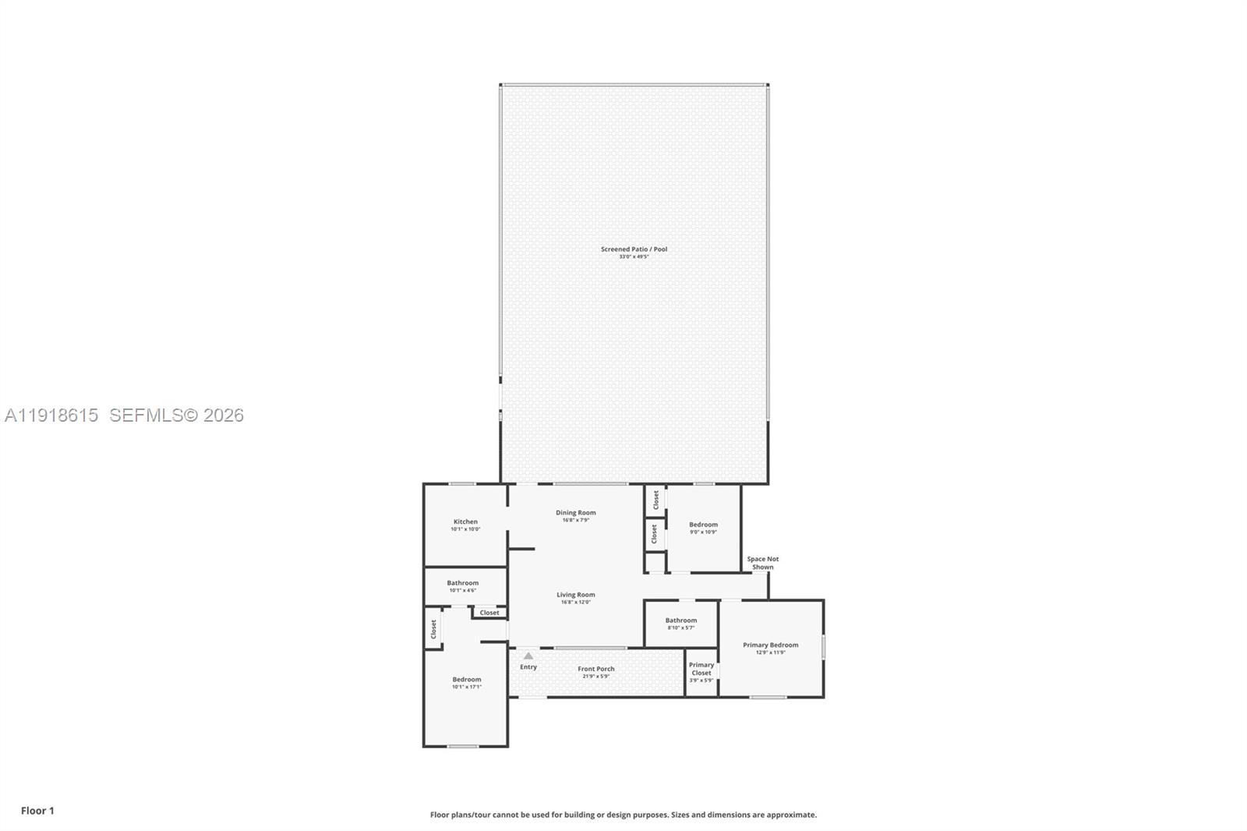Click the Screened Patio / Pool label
click(x=634, y=249)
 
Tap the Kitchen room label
click(x=465, y=522)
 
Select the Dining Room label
click(x=575, y=512)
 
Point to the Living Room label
click(x=575, y=594)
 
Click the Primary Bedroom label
click(x=770, y=645)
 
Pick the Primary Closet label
click(x=701, y=669)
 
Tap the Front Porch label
click(x=595, y=669)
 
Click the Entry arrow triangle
click(x=528, y=656)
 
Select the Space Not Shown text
click(x=762, y=563)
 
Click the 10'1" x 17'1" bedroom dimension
click(x=466, y=687)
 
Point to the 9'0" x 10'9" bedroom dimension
click(x=703, y=532)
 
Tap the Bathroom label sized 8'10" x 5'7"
click(x=680, y=620)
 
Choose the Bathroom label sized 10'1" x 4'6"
click(x=462, y=582)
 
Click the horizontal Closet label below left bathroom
click(x=489, y=613)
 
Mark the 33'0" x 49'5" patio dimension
click(x=634, y=256)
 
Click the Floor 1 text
click(x=37, y=811)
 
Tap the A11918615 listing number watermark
click(x=51, y=415)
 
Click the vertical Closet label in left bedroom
click(x=433, y=629)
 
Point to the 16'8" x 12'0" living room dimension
click(x=575, y=602)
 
